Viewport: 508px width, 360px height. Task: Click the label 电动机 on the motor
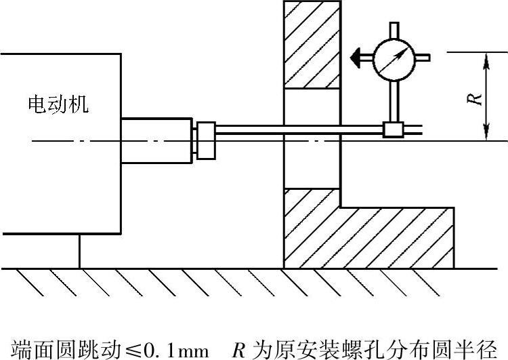58,104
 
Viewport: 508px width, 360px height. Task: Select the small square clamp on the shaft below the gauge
393,129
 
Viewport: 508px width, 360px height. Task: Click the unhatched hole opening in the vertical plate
312,139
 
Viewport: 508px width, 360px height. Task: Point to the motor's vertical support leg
79,251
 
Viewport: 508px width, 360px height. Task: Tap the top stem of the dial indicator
394,30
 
